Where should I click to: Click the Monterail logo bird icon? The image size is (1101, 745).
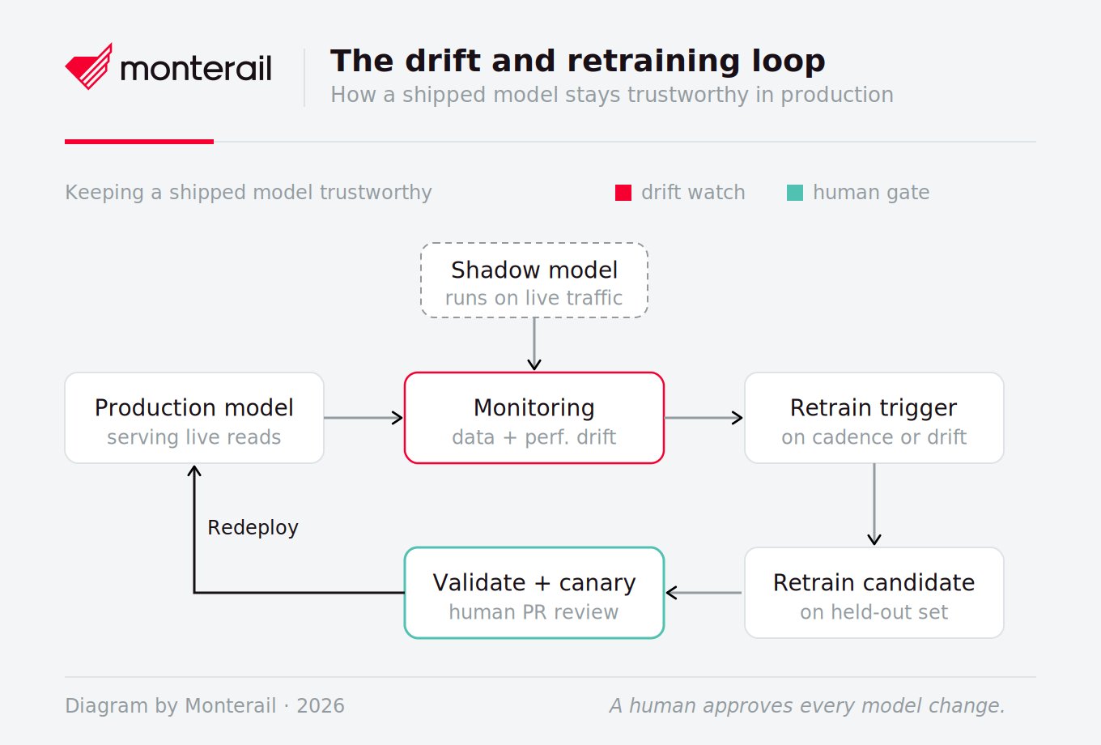[89, 66]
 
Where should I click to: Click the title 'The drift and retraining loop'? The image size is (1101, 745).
[577, 61]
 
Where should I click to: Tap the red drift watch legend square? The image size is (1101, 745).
[623, 193]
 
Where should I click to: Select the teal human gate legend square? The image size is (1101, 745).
[795, 193]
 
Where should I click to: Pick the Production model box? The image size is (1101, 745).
[194, 418]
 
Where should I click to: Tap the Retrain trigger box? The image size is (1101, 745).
[874, 418]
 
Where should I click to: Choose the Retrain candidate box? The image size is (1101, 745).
[874, 593]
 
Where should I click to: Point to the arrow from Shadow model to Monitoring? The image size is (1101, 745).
[534, 343]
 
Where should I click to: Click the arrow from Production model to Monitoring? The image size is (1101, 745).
[363, 418]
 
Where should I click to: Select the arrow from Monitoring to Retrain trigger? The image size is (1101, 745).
[704, 418]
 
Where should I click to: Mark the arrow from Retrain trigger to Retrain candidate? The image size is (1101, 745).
[874, 504]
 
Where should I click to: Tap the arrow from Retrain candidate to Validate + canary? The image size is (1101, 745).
[704, 593]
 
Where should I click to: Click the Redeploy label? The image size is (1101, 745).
[253, 528]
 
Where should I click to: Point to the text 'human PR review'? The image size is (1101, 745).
[533, 612]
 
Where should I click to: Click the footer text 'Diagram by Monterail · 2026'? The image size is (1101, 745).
[205, 706]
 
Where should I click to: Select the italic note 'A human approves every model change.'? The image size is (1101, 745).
[807, 706]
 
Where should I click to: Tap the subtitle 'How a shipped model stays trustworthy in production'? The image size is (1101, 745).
[612, 95]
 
